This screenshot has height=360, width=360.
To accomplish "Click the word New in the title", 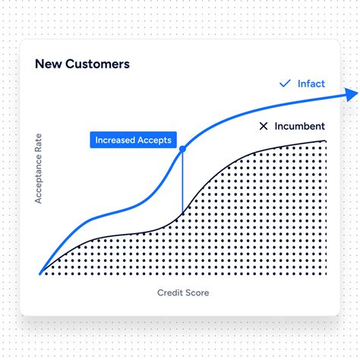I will click(48, 65).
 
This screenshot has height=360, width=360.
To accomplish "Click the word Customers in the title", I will click(96, 65).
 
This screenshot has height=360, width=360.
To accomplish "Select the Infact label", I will click(311, 84).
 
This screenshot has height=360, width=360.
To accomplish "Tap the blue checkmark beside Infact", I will click(286, 84).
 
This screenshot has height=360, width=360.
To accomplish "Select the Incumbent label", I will click(301, 126).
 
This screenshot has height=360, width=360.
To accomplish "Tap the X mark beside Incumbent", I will click(264, 126).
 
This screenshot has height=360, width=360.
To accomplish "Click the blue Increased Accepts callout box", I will click(134, 140).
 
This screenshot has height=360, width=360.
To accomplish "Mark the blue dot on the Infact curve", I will click(182, 150).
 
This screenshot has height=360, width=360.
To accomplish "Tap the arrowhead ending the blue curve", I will click(352, 94).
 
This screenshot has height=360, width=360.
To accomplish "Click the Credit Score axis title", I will click(183, 292).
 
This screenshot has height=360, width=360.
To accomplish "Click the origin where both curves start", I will click(40, 273).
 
